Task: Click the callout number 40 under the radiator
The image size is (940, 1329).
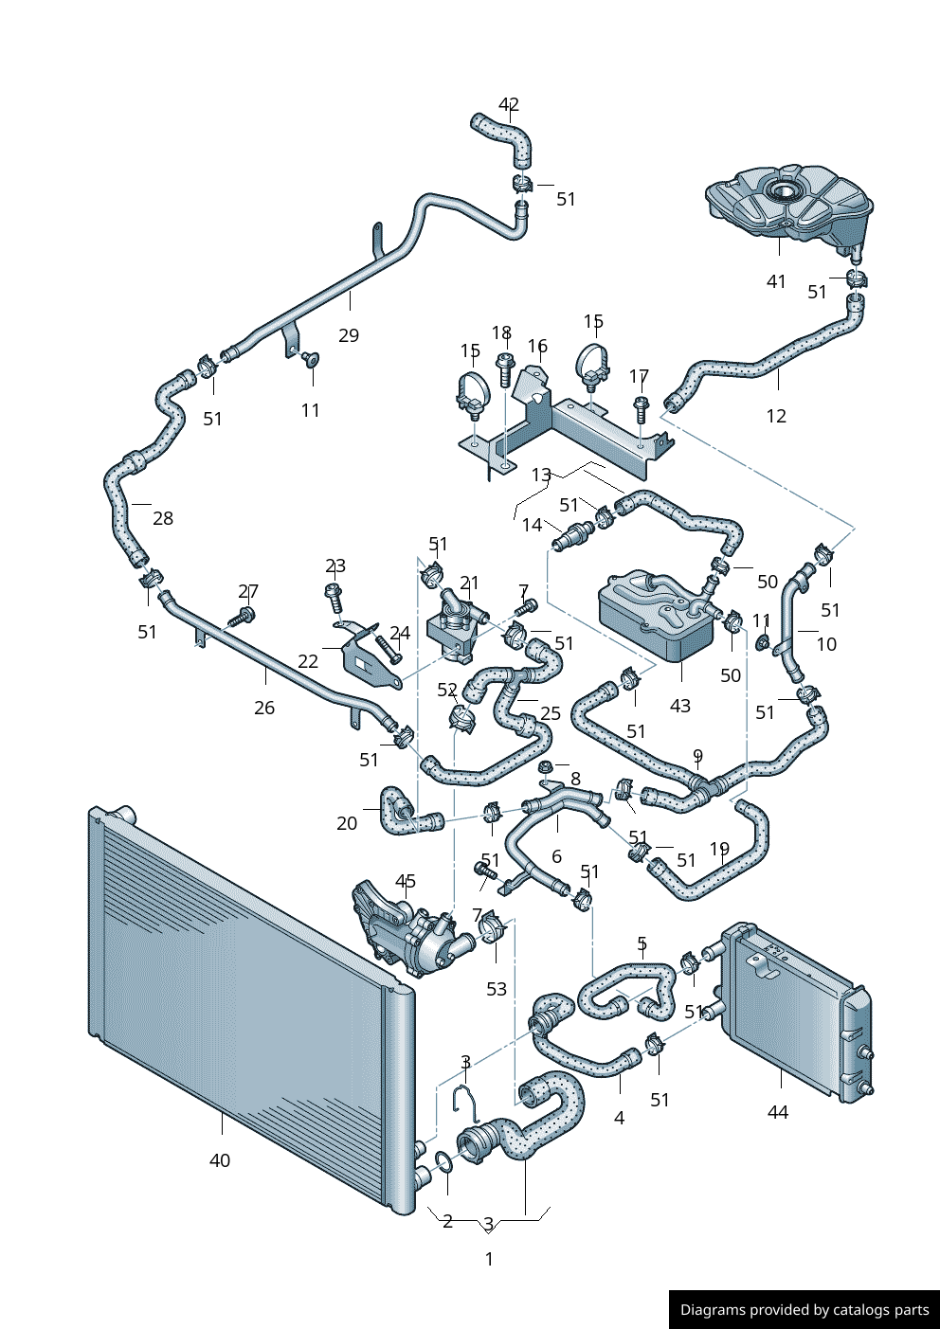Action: (x=219, y=1160)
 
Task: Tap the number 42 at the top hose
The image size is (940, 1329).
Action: (x=509, y=105)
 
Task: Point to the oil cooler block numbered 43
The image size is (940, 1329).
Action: (x=657, y=616)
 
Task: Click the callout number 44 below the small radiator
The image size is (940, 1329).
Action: (x=777, y=1112)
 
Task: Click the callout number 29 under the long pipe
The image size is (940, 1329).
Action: (x=349, y=335)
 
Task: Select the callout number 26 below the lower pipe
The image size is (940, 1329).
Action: (x=264, y=708)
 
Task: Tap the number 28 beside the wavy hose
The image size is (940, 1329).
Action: (x=163, y=518)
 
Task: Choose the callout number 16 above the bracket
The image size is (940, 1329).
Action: (x=537, y=347)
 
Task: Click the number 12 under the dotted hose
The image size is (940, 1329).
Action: (x=776, y=416)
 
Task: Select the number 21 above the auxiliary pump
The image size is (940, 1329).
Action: (x=469, y=584)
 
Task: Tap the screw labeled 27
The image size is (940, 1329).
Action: (x=243, y=617)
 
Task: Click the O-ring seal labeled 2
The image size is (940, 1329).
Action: (x=443, y=1160)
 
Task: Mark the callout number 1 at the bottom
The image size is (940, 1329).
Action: (x=489, y=1259)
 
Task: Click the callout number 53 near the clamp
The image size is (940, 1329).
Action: (x=497, y=989)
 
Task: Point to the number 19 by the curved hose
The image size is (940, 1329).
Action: (x=719, y=850)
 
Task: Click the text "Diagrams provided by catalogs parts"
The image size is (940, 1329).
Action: (x=804, y=1310)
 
